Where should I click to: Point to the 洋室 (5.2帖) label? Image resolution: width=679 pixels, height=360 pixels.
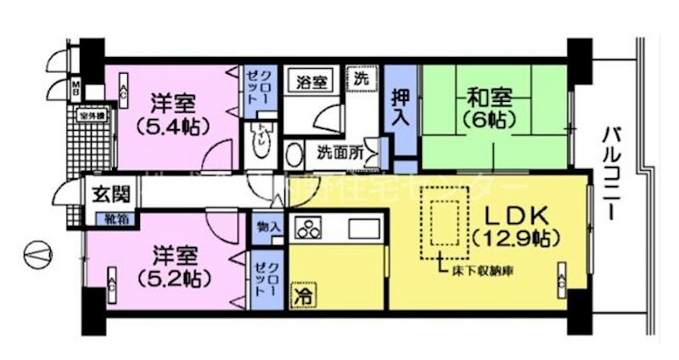176,266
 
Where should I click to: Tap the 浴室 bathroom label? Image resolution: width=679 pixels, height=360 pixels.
312,82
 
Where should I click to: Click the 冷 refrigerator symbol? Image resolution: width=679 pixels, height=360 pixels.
302,296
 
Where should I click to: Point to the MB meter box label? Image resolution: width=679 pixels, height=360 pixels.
75,87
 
